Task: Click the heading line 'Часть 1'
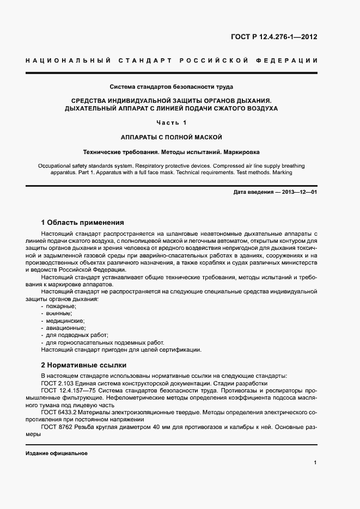[x=172, y=122]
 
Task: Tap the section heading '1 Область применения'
[x=83, y=222]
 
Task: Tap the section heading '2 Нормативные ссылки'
[x=84, y=365]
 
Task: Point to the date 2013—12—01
[x=297, y=193]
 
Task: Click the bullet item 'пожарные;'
[x=61, y=306]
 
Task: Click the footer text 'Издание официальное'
[x=57, y=453]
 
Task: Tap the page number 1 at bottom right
[x=315, y=462]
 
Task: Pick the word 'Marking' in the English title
[x=282, y=172]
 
